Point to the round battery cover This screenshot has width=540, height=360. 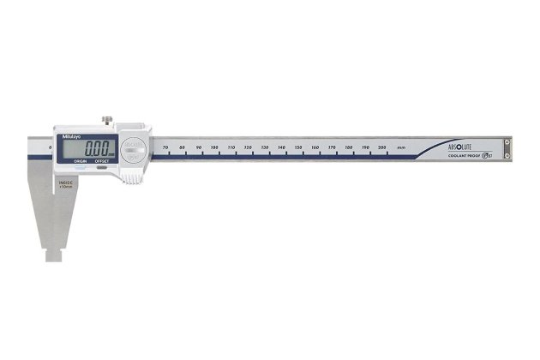[x=131, y=149]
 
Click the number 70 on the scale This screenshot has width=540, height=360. [x=165, y=148]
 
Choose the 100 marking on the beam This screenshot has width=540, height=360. [x=214, y=148]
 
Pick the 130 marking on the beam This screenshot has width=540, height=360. [x=265, y=148]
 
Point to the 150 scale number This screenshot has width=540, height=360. [x=298, y=148]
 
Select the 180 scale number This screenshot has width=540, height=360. [x=349, y=148]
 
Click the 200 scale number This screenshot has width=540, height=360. [x=382, y=148]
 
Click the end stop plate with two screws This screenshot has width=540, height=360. [x=507, y=149]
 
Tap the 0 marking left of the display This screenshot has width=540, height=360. [x=52, y=148]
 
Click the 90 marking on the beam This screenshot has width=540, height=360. [x=199, y=148]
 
